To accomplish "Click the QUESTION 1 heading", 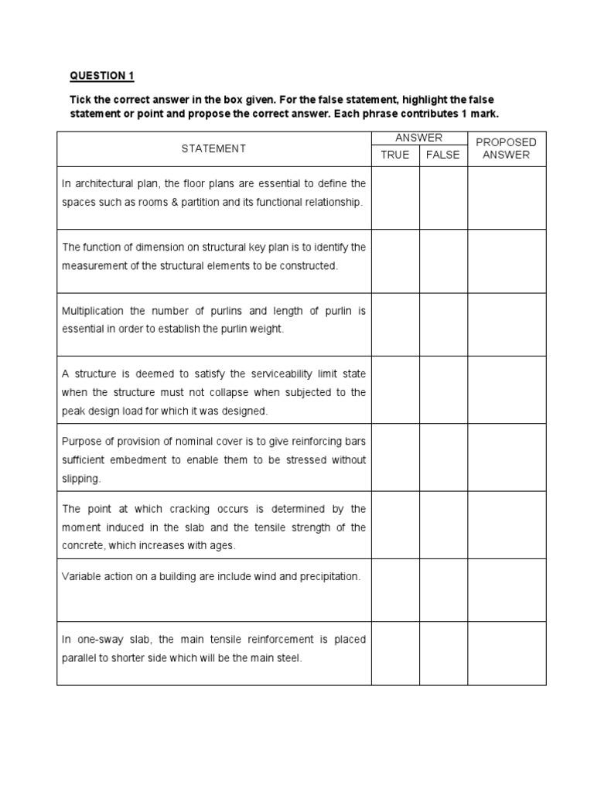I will [102, 76].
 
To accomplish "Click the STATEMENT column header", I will [213, 148].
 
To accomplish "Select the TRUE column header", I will [395, 155].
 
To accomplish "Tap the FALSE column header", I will [443, 155].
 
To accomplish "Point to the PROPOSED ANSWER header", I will [507, 148].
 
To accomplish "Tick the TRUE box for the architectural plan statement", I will [395, 198].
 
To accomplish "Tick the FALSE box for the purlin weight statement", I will [443, 325].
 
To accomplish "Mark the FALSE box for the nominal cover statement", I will [443, 459].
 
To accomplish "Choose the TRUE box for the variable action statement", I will [395, 590].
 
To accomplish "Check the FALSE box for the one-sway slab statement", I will [443, 654].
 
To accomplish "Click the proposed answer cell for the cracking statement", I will [507, 526].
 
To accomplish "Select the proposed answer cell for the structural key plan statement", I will [507, 261].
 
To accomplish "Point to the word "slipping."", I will [81, 479].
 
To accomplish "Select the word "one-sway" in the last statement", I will [97, 640].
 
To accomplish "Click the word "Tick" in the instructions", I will [80, 101].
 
